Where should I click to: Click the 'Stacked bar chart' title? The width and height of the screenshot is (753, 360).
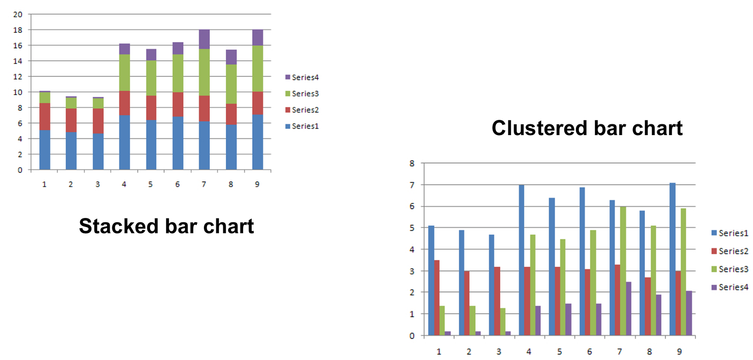coord(166,226)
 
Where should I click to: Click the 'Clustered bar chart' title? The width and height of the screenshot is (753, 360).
coord(587,128)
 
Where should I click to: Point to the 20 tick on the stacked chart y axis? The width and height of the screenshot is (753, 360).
coord(18,15)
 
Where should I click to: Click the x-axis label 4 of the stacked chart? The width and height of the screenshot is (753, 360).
coord(124,184)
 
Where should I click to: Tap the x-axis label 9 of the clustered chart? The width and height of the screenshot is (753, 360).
coord(679,351)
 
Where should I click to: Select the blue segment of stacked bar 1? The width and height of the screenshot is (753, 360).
coord(45,150)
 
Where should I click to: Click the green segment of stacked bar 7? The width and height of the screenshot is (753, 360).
coord(204,72)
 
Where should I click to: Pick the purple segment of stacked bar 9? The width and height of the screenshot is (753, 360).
coord(257,38)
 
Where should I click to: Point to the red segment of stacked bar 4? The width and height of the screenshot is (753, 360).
coord(124,103)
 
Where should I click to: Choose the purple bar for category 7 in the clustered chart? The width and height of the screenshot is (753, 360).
coord(628,309)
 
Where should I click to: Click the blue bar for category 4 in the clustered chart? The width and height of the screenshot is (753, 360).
coord(521,260)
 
